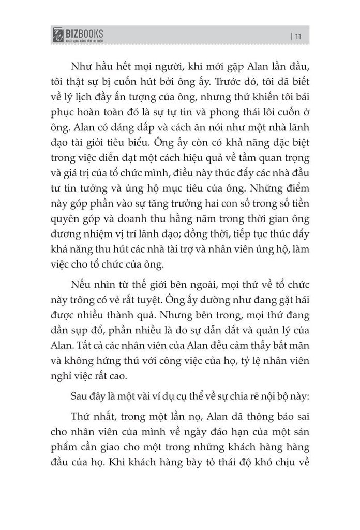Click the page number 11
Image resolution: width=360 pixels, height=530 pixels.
pyautogui.click(x=299, y=36)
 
